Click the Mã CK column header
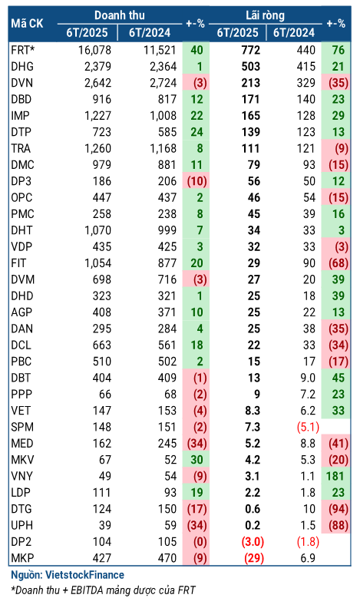tap(27, 24)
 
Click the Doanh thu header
tap(120, 15)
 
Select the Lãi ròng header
tap(265, 15)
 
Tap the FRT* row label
tap(23, 50)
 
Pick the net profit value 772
tap(250, 50)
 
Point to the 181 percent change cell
tap(335, 476)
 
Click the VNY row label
tap(21, 476)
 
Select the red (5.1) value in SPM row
tap(308, 427)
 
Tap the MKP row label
tap(22, 558)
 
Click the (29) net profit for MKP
tap(253, 558)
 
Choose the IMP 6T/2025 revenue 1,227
tap(97, 116)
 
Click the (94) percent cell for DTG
tap(338, 509)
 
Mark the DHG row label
tap(22, 66)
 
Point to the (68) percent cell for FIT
tap(338, 263)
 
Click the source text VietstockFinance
tap(84, 575)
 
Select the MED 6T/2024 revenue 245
tap(167, 443)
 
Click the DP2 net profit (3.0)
tap(252, 541)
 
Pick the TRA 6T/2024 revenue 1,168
tap(163, 148)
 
